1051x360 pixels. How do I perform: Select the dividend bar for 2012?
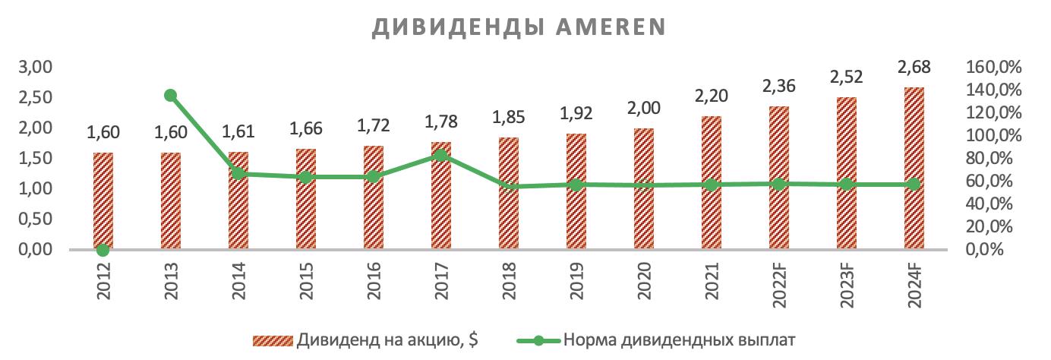[x=103, y=201]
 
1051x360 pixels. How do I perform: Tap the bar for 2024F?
[x=914, y=168]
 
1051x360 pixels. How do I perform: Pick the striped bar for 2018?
[x=509, y=193]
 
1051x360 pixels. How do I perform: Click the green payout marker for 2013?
[x=170, y=96]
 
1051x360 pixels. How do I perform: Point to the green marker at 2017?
[x=441, y=155]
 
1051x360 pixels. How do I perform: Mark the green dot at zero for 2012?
[x=103, y=250]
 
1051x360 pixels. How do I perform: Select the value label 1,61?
[x=238, y=133]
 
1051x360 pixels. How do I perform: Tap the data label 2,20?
[x=712, y=96]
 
